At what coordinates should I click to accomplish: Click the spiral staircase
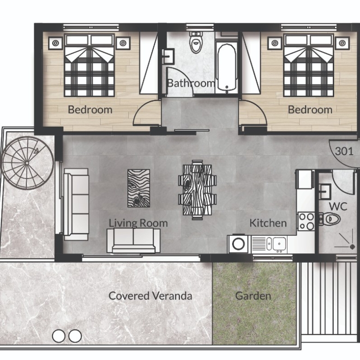pos(27,163)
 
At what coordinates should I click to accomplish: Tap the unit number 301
pos(344,151)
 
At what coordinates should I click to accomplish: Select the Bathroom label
pos(191,83)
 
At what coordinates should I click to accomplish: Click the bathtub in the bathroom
pos(227,68)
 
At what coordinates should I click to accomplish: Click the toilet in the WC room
pos(330,219)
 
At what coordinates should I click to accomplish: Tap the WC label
pos(338,206)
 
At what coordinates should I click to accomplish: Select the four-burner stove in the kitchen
pos(306,222)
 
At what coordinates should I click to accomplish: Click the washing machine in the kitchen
pos(239,244)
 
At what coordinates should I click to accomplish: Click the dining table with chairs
pos(198,190)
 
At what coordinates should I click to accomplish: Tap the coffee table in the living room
pos(138,188)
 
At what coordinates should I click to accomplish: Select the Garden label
pos(253,296)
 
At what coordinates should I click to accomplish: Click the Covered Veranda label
pos(150,296)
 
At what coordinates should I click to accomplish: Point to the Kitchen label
pos(268,223)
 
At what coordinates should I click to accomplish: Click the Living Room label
pos(138,223)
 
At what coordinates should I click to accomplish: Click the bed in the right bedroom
pos(308,65)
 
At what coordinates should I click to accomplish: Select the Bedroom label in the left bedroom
pos(90,110)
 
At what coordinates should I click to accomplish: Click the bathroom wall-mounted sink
pos(168,56)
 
